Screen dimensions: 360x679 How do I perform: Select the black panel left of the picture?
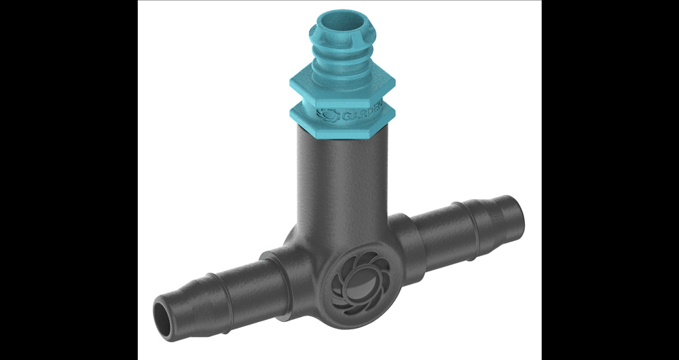tap(68, 180)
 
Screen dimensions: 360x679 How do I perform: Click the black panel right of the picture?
tap(610, 180)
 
